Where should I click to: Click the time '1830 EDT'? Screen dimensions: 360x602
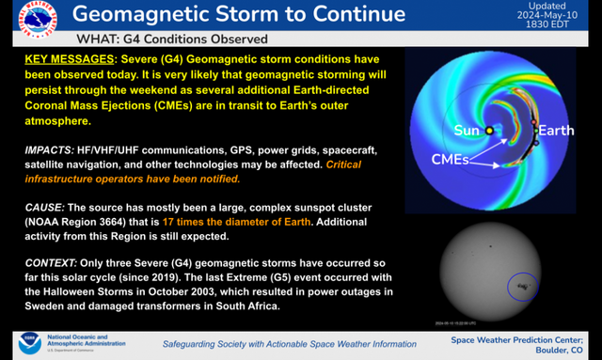[x=555, y=26]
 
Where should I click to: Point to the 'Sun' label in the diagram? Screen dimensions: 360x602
[x=466, y=129]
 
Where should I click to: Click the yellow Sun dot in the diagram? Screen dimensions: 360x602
[x=490, y=131]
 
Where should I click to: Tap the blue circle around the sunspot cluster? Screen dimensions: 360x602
[x=517, y=284]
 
